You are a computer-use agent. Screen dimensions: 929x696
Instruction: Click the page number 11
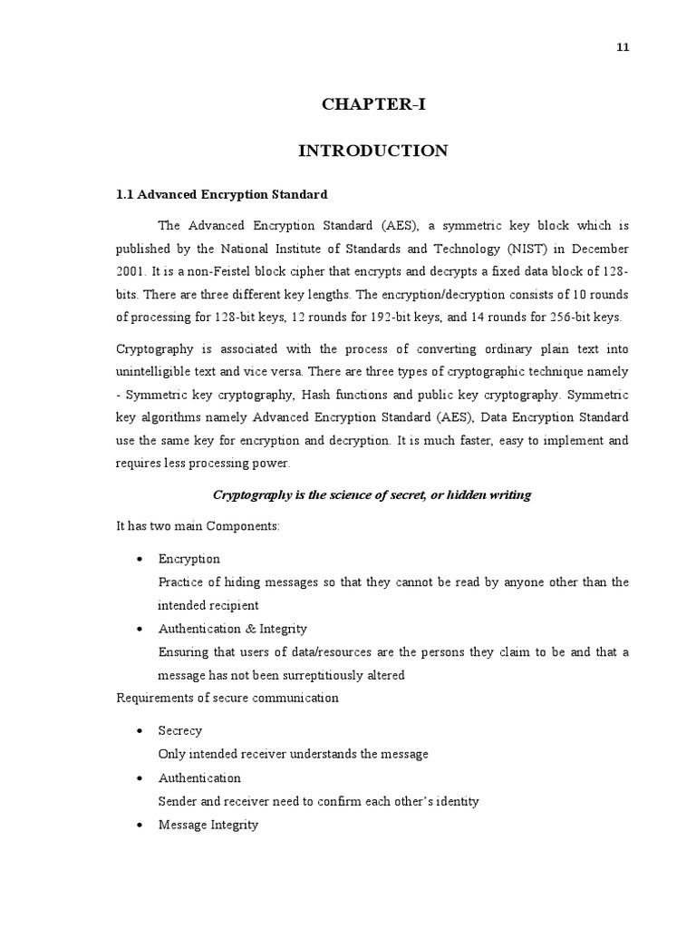point(623,48)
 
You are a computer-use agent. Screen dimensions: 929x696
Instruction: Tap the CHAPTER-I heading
point(372,104)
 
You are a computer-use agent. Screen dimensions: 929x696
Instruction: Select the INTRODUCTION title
point(372,151)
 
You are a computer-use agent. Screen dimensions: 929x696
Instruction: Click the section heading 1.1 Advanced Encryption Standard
point(222,194)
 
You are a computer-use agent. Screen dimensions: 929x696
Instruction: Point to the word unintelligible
point(159,372)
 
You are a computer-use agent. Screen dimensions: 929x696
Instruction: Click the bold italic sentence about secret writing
point(372,494)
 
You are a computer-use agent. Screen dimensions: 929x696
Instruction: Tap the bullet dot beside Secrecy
point(138,731)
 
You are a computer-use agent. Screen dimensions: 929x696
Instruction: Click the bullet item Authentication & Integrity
point(232,628)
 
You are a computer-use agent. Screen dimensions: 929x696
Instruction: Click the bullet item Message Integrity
point(208,825)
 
